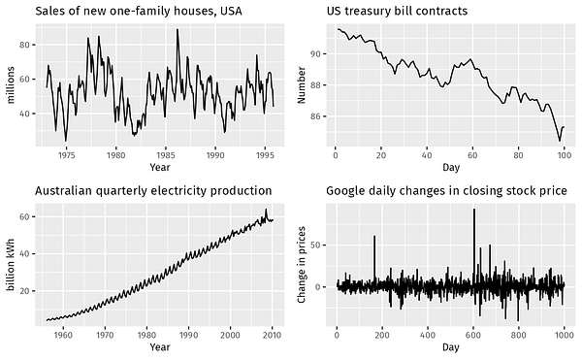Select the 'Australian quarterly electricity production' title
pyautogui.click(x=153, y=190)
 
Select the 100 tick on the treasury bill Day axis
pyautogui.click(x=565, y=153)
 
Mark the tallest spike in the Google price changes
pyautogui.click(x=474, y=210)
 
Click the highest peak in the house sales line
pyautogui.click(x=177, y=30)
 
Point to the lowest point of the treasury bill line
pyautogui.click(x=559, y=141)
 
